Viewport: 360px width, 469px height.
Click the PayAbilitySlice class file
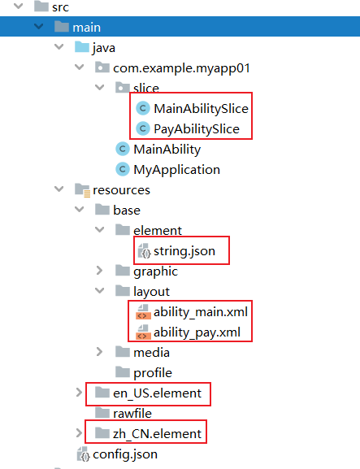coord(197,129)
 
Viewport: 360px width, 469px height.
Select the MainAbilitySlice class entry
coord(201,109)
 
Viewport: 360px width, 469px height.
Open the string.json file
coord(184,251)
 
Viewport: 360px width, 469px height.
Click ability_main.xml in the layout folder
coord(201,312)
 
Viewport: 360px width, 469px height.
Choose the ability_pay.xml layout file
coord(197,332)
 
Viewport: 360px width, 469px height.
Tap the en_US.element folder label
coord(158,393)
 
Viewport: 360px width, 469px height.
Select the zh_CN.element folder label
coord(158,434)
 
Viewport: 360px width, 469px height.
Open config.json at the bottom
coord(125,454)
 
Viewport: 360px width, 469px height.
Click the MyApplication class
coord(176,170)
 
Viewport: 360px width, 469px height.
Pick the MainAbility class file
coord(167,150)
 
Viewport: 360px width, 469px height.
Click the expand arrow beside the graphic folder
coord(99,271)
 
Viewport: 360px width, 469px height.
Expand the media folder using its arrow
coord(99,352)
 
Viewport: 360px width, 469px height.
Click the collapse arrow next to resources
coord(59,189)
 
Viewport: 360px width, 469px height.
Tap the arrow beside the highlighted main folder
coord(38,27)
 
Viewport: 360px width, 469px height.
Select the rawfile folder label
coord(132,414)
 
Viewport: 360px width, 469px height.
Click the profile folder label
coord(153,373)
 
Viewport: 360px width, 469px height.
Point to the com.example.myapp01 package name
coord(181,68)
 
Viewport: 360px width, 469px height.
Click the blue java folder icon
coord(82,47)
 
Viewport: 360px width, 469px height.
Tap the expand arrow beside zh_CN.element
coord(79,433)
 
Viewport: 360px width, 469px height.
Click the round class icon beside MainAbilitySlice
coord(143,108)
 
